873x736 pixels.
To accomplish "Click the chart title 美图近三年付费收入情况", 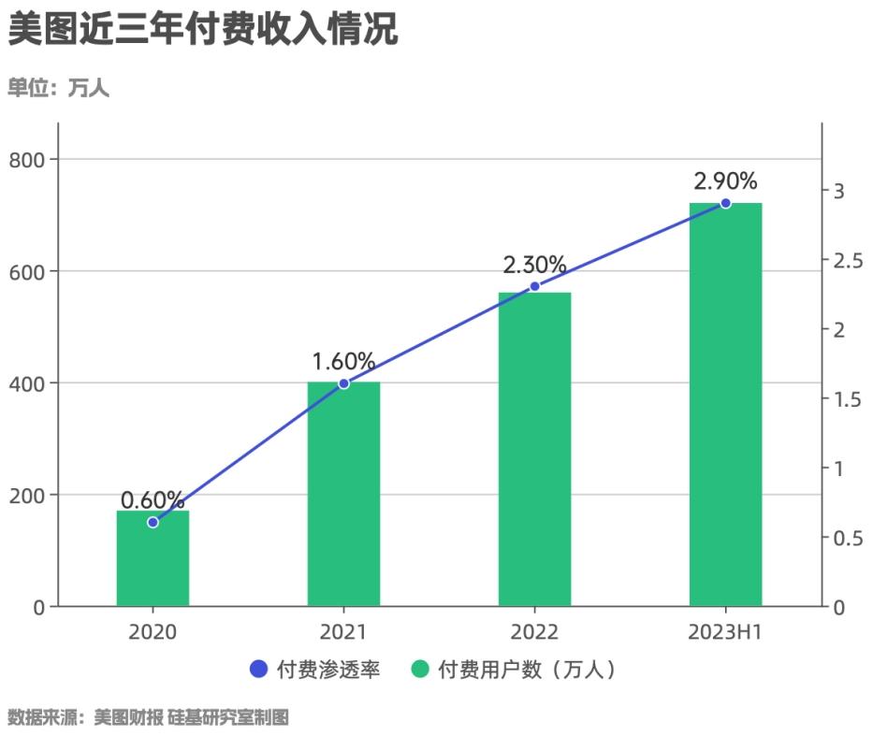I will click(203, 30).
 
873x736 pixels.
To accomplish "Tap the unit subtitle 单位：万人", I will click(58, 89).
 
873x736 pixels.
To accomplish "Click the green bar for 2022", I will click(534, 449).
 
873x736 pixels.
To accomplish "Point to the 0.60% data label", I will click(153, 500).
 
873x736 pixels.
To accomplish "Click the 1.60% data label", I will click(343, 361).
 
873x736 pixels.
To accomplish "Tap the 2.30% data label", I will click(534, 265).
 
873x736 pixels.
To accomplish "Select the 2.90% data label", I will click(725, 180).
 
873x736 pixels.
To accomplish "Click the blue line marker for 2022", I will click(534, 286).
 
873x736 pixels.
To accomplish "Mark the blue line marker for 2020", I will click(153, 522).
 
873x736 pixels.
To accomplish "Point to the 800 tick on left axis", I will click(27, 160).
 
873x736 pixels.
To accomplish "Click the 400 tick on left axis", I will click(27, 383).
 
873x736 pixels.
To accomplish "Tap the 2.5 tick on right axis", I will click(847, 260).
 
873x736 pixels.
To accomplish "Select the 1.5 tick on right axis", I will click(847, 399).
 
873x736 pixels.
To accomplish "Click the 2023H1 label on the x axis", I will click(725, 633).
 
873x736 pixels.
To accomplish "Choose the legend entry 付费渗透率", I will click(315, 670).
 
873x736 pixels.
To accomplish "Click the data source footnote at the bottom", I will click(148, 718).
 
